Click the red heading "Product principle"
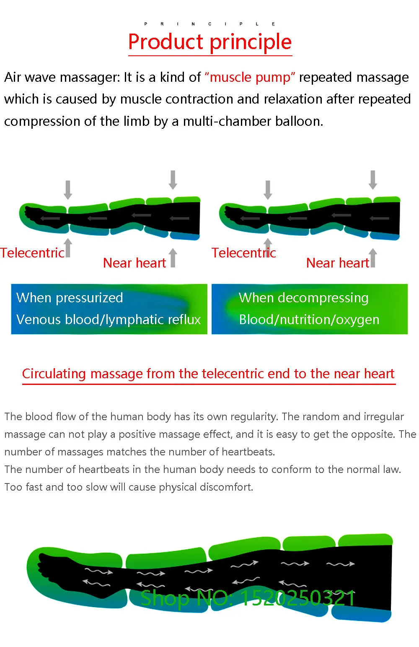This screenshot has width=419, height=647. pyautogui.click(x=210, y=42)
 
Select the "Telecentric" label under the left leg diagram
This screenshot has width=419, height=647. pyautogui.click(x=32, y=253)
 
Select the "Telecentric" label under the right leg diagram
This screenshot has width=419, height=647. pyautogui.click(x=244, y=253)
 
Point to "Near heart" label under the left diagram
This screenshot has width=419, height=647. pyautogui.click(x=134, y=263)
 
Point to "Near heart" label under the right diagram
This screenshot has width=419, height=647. pyautogui.click(x=338, y=263)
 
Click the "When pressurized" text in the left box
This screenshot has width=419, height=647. pyautogui.click(x=70, y=298)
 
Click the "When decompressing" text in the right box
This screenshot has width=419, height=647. pyautogui.click(x=304, y=298)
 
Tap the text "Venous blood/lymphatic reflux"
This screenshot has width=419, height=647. pyautogui.click(x=109, y=320)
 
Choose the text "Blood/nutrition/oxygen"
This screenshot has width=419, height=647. pyautogui.click(x=309, y=320)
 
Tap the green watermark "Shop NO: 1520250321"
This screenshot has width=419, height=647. pyautogui.click(x=248, y=598)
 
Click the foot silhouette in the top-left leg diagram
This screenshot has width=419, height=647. pyautogui.click(x=43, y=217)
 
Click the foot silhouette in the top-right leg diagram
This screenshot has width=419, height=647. pyautogui.click(x=243, y=217)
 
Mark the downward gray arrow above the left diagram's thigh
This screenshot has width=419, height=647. pyautogui.click(x=173, y=179)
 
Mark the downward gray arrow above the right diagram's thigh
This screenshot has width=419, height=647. pyautogui.click(x=373, y=179)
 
